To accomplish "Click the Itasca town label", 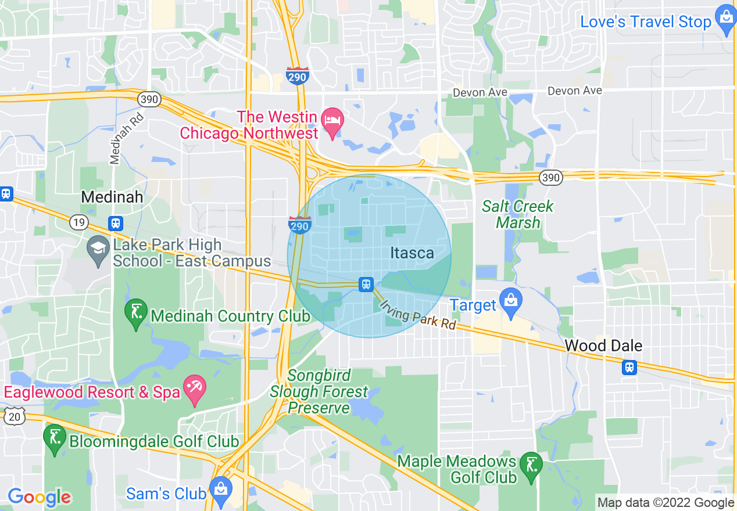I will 412,253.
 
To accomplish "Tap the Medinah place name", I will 112,197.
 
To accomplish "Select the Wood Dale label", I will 603,346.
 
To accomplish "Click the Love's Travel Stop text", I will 646,22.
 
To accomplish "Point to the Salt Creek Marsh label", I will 518,214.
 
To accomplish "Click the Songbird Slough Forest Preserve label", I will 319,391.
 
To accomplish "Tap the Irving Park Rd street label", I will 417,315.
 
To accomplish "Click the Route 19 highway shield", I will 78,222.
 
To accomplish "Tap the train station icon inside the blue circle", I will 366,284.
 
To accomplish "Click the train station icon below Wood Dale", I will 629,367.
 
